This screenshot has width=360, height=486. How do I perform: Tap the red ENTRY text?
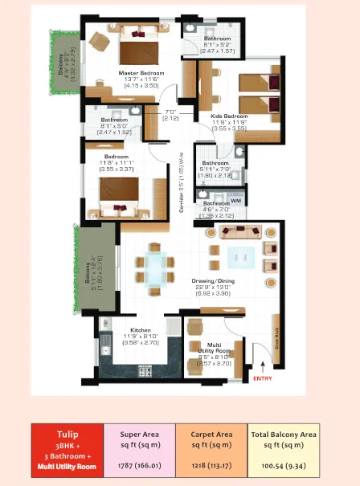tap(263, 377)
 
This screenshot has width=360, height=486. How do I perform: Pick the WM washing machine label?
tap(235, 200)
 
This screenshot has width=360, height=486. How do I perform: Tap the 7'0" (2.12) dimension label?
tap(170, 115)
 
